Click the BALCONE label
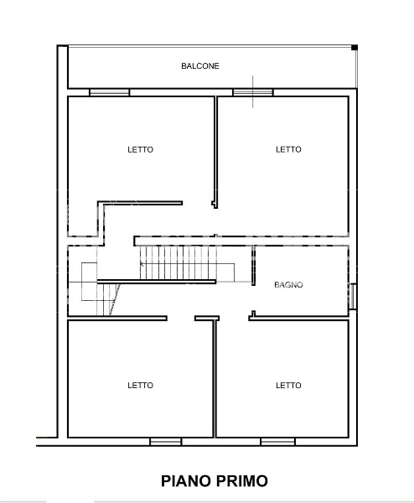(200, 65)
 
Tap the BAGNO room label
(288, 284)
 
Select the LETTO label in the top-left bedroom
(141, 149)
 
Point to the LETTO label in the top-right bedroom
(288, 149)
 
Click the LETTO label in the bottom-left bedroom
(141, 385)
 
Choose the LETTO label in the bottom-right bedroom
(288, 385)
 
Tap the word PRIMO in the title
(242, 481)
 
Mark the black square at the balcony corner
(354, 48)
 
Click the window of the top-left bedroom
(109, 92)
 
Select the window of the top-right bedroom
(253, 92)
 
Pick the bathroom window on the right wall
(353, 297)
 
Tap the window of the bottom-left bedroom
(166, 442)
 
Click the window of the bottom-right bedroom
(277, 442)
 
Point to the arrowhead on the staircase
(142, 264)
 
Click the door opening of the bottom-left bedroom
(181, 319)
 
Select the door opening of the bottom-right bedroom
(234, 319)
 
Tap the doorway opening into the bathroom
(253, 298)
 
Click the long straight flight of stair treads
(178, 262)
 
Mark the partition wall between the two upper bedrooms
(215, 152)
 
